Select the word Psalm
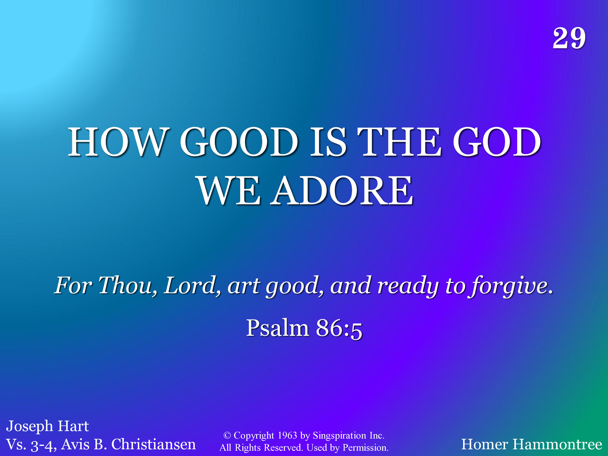(278, 328)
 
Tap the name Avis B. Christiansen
(128, 444)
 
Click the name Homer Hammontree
(532, 444)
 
